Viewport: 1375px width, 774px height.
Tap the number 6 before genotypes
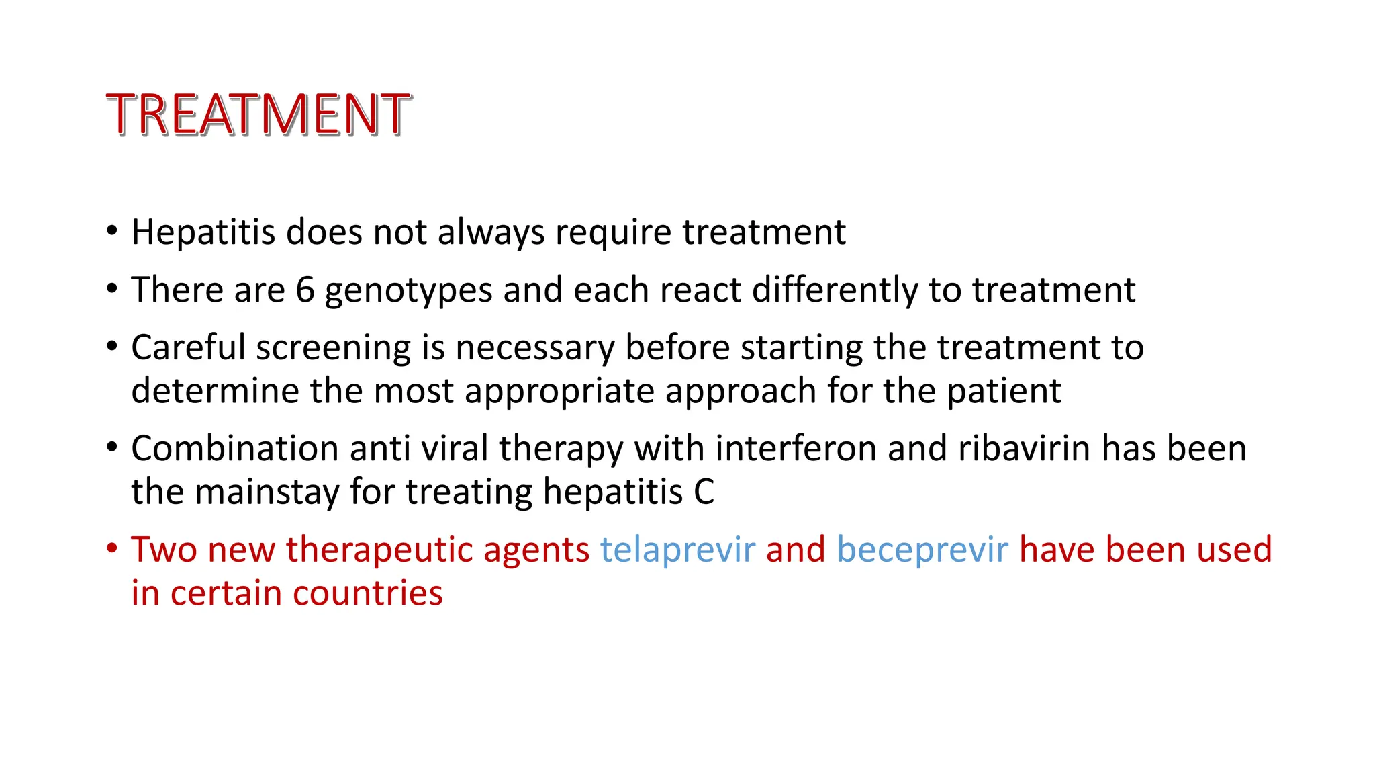[305, 290]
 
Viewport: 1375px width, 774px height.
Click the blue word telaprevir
[677, 550]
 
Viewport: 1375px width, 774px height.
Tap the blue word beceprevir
[922, 550]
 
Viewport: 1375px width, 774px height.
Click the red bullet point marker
[112, 548]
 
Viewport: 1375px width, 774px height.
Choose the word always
[491, 233]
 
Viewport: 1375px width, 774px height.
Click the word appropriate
[559, 392]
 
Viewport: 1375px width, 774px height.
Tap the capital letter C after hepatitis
[704, 492]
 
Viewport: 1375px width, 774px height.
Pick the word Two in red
[164, 550]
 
